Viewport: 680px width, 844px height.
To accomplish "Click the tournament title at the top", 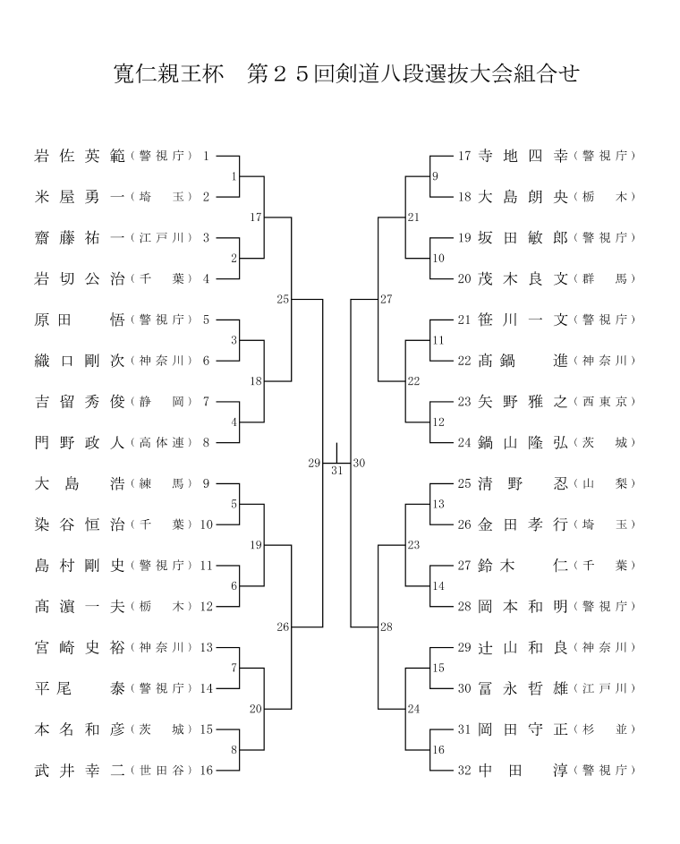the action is point(346,73).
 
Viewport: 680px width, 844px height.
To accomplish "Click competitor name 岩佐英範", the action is point(80,156).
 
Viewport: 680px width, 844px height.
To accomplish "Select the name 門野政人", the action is point(80,442).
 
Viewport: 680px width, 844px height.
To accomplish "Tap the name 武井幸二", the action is point(80,771).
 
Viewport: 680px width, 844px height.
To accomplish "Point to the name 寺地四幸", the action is point(523,156).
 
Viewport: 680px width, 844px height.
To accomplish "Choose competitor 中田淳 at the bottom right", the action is point(523,771).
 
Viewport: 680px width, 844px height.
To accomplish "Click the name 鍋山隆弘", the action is point(523,442).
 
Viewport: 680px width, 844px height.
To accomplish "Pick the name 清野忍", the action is point(523,483).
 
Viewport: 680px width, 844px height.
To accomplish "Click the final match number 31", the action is point(336,471).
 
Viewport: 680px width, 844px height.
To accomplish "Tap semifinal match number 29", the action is point(314,463).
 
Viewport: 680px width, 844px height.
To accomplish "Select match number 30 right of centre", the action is point(359,463).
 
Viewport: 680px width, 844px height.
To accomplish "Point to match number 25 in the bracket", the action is point(283,299).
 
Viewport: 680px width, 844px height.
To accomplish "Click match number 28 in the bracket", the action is point(387,627).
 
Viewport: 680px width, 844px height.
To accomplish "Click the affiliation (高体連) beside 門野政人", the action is point(161,442).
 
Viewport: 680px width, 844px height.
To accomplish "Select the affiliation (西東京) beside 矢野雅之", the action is point(605,402).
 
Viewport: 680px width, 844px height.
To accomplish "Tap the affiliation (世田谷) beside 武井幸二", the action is point(161,771).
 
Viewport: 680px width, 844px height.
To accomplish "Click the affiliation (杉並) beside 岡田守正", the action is point(605,729).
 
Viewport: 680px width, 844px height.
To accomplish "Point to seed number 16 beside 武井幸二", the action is point(207,771).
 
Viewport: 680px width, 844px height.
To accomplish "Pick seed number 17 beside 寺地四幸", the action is point(464,156).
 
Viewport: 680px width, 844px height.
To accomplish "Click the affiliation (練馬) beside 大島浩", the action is point(161,483).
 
